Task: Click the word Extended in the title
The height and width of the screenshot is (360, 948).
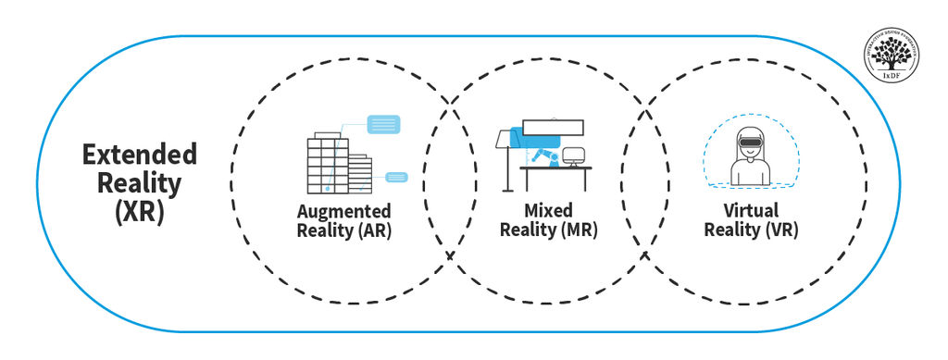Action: tap(139, 154)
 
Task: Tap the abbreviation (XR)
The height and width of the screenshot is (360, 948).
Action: tap(139, 212)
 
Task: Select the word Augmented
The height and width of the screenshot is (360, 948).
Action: tap(343, 211)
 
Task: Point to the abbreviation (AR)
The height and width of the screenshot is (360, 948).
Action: tap(374, 230)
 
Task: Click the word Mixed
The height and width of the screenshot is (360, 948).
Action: tap(548, 211)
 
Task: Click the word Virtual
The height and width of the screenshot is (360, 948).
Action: tap(751, 211)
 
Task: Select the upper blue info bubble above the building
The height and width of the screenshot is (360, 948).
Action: tap(384, 122)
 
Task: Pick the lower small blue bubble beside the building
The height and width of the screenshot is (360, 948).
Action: tap(397, 176)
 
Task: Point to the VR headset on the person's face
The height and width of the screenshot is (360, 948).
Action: tap(751, 144)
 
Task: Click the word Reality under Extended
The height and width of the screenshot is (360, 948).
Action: tap(139, 182)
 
